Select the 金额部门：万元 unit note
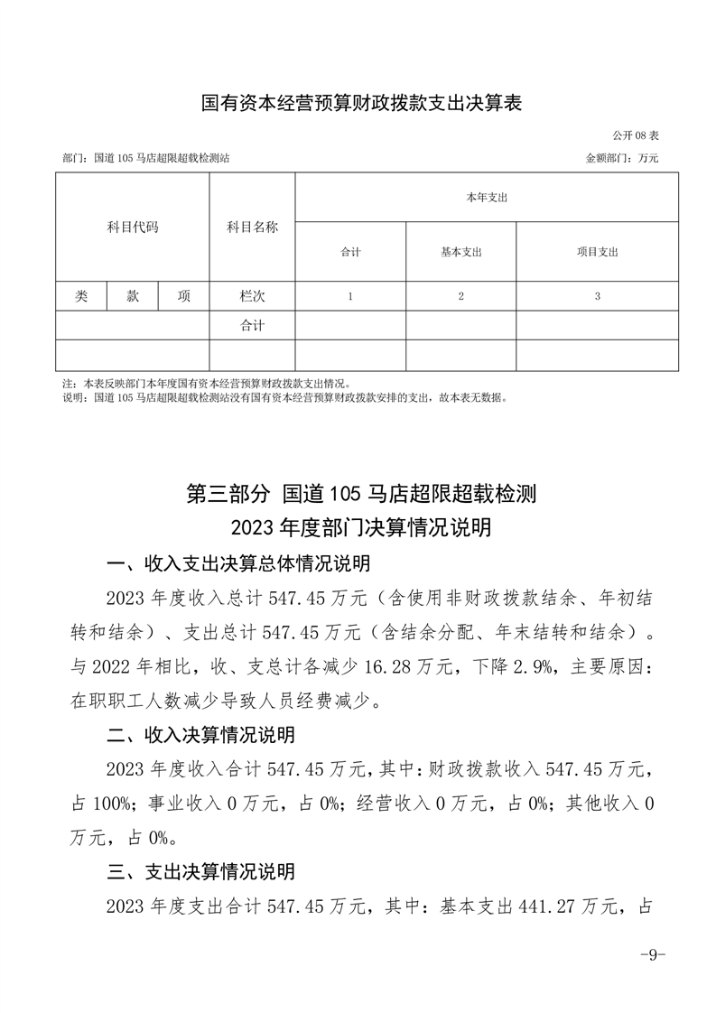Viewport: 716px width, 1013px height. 622,157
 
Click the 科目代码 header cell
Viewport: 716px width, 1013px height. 133,228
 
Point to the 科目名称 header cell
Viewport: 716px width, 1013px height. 252,228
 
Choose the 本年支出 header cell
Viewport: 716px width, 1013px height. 486,197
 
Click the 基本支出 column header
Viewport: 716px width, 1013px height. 460,252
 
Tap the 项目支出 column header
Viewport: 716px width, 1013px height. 597,252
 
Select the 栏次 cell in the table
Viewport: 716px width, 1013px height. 252,296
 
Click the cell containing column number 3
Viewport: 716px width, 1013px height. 597,296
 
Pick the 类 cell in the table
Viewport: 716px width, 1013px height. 81,296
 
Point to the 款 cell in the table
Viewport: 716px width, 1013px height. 133,296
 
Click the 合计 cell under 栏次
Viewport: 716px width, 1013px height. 252,326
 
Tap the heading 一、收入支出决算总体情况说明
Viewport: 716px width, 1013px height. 238,565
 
